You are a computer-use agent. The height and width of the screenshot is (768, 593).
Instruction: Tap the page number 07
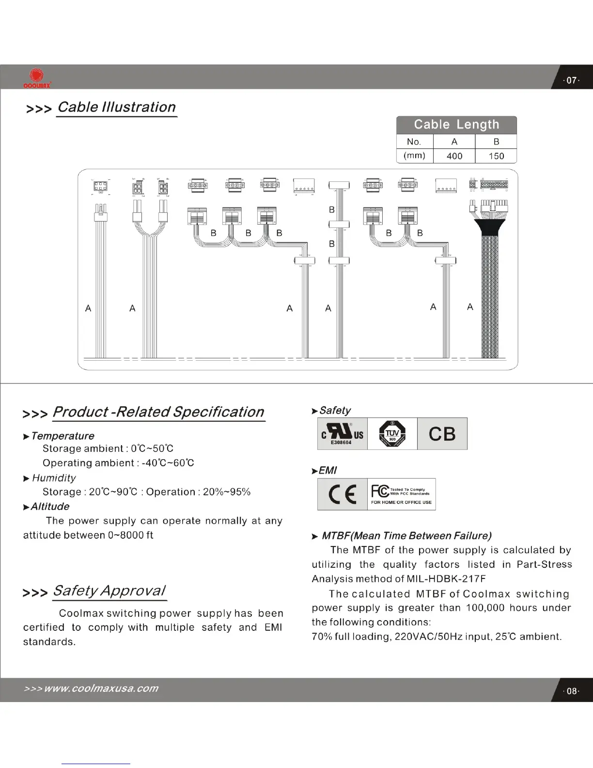click(x=572, y=80)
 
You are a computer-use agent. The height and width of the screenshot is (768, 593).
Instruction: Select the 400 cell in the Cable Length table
click(x=454, y=156)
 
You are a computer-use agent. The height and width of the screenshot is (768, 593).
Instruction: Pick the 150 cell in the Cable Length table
click(x=496, y=156)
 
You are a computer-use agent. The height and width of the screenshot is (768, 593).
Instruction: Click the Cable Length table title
click(x=456, y=125)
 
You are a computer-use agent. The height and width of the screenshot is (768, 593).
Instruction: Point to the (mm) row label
click(x=414, y=156)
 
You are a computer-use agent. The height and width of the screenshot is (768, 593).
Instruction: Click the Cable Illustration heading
click(x=116, y=107)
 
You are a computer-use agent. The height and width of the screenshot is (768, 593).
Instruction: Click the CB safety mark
click(x=442, y=434)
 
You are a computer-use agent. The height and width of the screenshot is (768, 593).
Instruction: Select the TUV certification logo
click(x=392, y=433)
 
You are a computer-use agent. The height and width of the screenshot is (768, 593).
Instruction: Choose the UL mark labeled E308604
click(x=342, y=433)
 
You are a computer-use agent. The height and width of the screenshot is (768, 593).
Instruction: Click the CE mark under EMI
click(x=342, y=494)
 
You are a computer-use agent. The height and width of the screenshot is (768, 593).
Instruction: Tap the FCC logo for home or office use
click(x=401, y=494)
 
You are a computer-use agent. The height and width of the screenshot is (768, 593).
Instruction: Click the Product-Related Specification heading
click(x=158, y=412)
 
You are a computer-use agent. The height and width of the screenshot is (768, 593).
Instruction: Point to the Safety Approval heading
click(x=109, y=591)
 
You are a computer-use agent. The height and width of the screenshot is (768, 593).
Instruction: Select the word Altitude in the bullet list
click(x=50, y=506)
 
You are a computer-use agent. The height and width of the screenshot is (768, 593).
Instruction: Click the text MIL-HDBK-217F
click(x=446, y=578)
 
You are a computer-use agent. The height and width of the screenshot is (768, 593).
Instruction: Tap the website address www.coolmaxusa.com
click(x=101, y=688)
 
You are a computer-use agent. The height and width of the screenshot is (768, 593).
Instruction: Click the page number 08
click(x=572, y=691)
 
